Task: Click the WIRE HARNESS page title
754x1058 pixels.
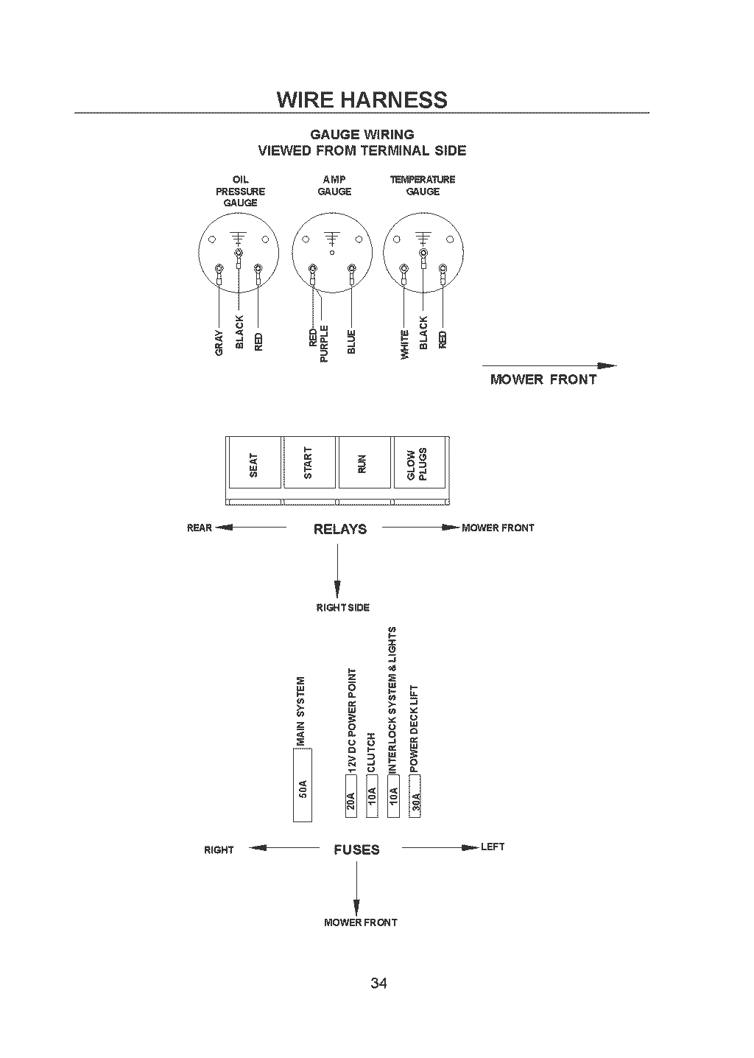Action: coord(362,99)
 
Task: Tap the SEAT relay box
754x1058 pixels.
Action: coord(255,463)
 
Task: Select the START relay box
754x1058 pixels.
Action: coord(309,463)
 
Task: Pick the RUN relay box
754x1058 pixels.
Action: coord(364,463)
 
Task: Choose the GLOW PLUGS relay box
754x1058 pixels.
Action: coord(419,463)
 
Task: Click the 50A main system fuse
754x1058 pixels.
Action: coord(303,785)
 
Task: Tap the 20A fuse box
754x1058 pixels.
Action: coord(350,796)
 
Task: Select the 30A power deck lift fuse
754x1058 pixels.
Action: coord(415,796)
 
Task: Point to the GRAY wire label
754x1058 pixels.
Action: coord(219,343)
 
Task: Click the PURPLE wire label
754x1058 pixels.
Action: coord(324,344)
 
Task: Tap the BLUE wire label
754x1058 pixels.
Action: coord(351,342)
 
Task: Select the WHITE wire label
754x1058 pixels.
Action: coord(405,344)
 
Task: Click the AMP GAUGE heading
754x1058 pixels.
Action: coord(334,186)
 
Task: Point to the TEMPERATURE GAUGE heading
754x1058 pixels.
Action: coord(423,186)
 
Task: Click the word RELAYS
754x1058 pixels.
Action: coord(340,529)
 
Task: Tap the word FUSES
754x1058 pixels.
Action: coord(356,849)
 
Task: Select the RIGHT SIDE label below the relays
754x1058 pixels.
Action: coord(343,607)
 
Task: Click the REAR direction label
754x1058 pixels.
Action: coord(200,528)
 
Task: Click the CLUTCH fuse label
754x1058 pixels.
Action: coord(371,752)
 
